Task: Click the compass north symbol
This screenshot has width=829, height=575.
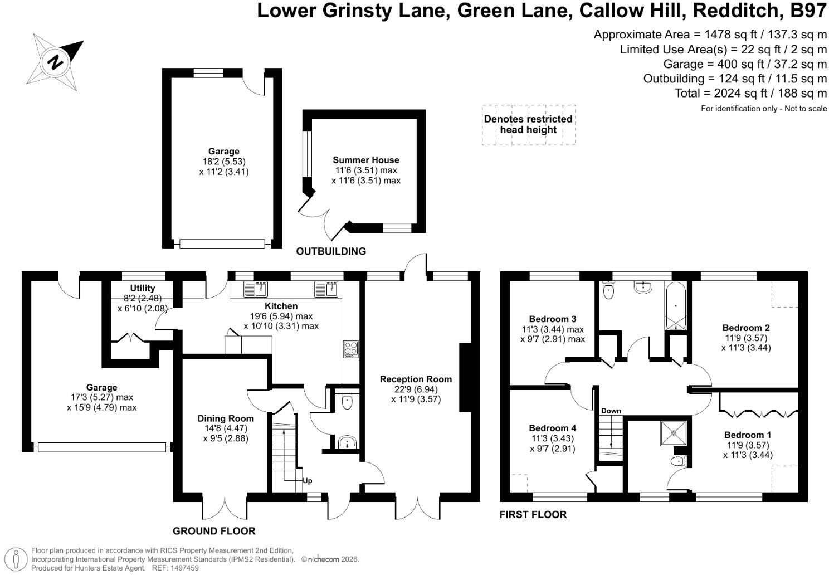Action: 55,62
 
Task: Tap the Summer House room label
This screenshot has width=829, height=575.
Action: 365,160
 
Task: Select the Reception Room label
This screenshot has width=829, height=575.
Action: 416,379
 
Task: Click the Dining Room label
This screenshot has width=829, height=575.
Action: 226,418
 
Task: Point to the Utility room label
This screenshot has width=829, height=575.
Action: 143,288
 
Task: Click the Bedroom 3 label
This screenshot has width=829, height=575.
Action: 553,319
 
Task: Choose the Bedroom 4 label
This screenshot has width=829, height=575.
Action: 553,428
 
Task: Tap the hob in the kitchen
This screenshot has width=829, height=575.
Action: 350,349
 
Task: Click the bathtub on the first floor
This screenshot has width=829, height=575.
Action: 676,306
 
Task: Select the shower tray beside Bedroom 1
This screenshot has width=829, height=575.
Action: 674,433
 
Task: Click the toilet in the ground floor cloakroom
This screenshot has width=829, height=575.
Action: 347,402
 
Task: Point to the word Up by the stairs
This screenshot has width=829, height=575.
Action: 308,481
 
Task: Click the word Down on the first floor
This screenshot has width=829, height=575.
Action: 611,411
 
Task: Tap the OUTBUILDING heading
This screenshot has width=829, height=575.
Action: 331,251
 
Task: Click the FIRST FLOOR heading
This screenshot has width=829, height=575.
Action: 533,515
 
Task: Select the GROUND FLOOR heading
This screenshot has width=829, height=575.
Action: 214,531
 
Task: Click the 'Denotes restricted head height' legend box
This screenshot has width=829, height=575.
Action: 529,125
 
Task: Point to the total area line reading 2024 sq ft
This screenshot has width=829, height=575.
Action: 750,93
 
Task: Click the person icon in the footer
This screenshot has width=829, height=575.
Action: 16,559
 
